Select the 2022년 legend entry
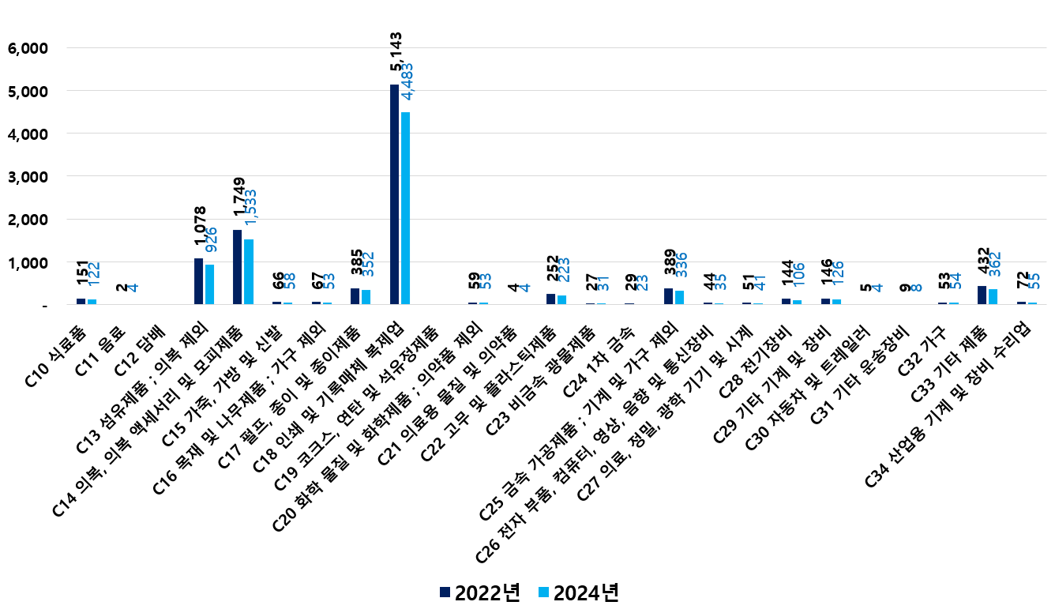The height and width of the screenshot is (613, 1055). [x=479, y=592]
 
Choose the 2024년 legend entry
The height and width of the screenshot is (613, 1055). [x=577, y=592]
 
